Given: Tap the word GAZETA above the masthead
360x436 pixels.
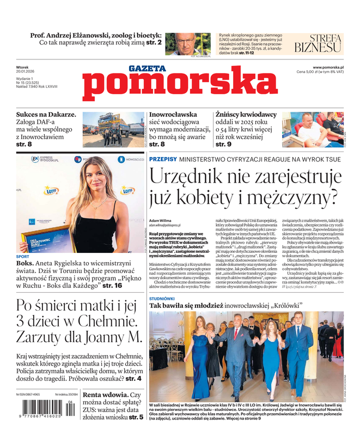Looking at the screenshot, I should pyautogui.click(x=147, y=69).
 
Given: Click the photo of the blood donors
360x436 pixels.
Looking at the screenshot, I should pyautogui.click(x=313, y=130).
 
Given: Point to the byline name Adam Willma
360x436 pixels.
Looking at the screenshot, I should pyautogui.click(x=160, y=220).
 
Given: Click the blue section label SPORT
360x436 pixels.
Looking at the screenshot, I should pyautogui.click(x=23, y=256).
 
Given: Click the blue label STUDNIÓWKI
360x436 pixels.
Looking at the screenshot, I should pyautogui.click(x=162, y=299).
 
